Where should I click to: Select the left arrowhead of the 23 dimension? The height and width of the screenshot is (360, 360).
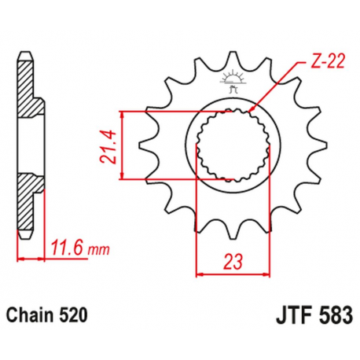click(199, 275)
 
